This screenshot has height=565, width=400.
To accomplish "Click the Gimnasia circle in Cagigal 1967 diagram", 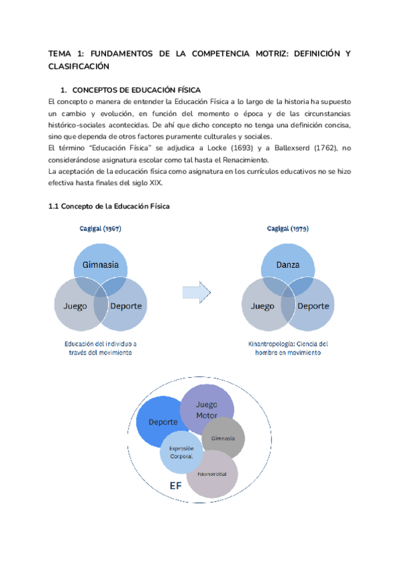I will (x=101, y=264).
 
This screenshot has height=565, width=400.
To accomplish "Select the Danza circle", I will (x=287, y=264).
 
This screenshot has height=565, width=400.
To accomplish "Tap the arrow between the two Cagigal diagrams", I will (x=196, y=290).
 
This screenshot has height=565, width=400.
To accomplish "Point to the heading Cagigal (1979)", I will (x=287, y=228).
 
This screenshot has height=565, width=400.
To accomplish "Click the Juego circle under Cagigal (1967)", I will (x=75, y=306).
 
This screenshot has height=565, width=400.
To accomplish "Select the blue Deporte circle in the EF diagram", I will (x=163, y=421).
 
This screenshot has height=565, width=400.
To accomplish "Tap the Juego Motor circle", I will (x=207, y=409).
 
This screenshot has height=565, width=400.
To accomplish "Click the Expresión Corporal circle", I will (x=181, y=453).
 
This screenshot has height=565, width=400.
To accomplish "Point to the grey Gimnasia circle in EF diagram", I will (x=223, y=438).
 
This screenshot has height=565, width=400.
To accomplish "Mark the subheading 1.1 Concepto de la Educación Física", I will (x=109, y=207).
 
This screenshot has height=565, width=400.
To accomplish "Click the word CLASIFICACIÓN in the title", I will (x=79, y=67).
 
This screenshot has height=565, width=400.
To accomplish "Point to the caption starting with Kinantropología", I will (x=287, y=348).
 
